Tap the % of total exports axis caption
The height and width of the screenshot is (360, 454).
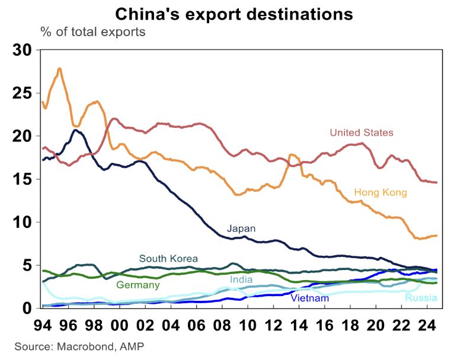pyautogui.click(x=92, y=31)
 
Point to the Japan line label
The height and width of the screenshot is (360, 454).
pyautogui.click(x=241, y=228)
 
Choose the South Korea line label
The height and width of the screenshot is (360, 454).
pyautogui.click(x=168, y=259)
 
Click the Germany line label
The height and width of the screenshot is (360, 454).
pyautogui.click(x=138, y=285)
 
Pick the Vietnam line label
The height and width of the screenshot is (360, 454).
pyautogui.click(x=309, y=298)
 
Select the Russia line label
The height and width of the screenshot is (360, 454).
pyautogui.click(x=421, y=298)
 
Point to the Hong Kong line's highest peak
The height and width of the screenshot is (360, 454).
pyautogui.click(x=59, y=69)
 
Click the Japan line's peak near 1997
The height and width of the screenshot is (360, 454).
pyautogui.click(x=77, y=130)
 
